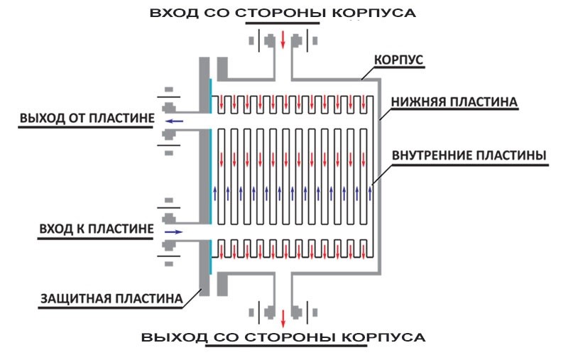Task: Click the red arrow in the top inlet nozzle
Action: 283,38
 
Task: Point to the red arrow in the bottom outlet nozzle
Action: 283,315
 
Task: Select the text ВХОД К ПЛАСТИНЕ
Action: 95,229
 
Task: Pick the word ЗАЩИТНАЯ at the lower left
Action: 69,298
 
